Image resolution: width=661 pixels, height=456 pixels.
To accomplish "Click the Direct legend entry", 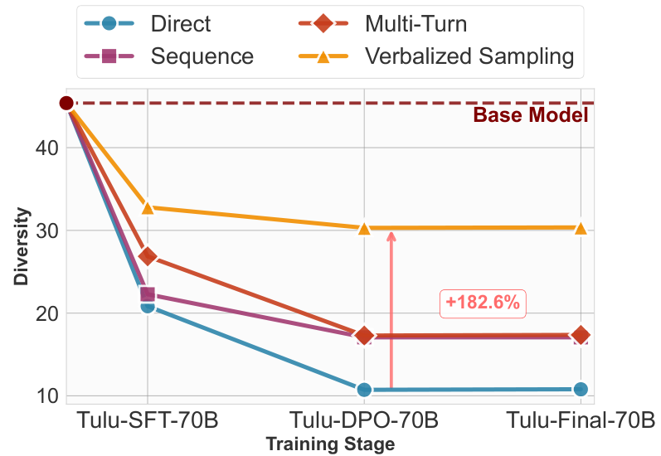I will coord(181,23).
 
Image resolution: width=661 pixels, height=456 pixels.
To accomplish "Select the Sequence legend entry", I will coord(202,56).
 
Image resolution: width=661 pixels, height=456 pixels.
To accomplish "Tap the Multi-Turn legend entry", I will coord(416,23).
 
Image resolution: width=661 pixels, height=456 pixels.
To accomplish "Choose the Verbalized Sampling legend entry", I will coord(469,56).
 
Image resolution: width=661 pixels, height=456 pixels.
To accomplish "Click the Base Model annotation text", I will coord(531,115).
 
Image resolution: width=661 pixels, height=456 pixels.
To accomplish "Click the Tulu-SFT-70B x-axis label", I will coord(148,419).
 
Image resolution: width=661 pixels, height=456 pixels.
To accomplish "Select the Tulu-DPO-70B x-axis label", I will coord(364,419).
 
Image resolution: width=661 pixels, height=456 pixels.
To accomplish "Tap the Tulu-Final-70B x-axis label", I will coord(581,419).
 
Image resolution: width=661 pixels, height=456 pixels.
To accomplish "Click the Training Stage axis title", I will coord(330,444).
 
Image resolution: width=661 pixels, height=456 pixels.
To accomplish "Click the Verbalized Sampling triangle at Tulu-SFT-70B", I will coord(148,207).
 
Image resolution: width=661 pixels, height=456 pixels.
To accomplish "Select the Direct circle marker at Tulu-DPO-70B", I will coord(364,390).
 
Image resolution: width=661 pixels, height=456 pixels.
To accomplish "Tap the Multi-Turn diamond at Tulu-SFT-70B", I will coord(148,256).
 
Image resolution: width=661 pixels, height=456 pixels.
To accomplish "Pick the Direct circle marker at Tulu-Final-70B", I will coord(581,389).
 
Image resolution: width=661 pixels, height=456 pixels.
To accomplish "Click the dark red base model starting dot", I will coord(66,103).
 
